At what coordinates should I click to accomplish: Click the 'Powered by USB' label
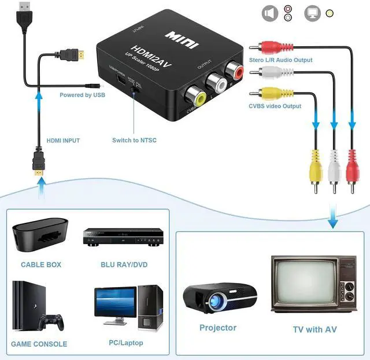(83, 95)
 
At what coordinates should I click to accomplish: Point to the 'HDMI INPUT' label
(63, 141)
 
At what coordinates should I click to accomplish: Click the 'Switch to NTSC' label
(134, 140)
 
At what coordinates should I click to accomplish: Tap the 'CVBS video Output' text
(275, 106)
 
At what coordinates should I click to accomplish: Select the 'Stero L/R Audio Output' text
(280, 60)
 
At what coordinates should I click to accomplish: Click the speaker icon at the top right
(270, 13)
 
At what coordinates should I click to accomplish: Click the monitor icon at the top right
(313, 13)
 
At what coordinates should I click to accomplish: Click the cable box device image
(40, 237)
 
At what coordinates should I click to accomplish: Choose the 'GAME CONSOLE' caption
(39, 344)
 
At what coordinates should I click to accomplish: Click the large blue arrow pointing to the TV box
(332, 217)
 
